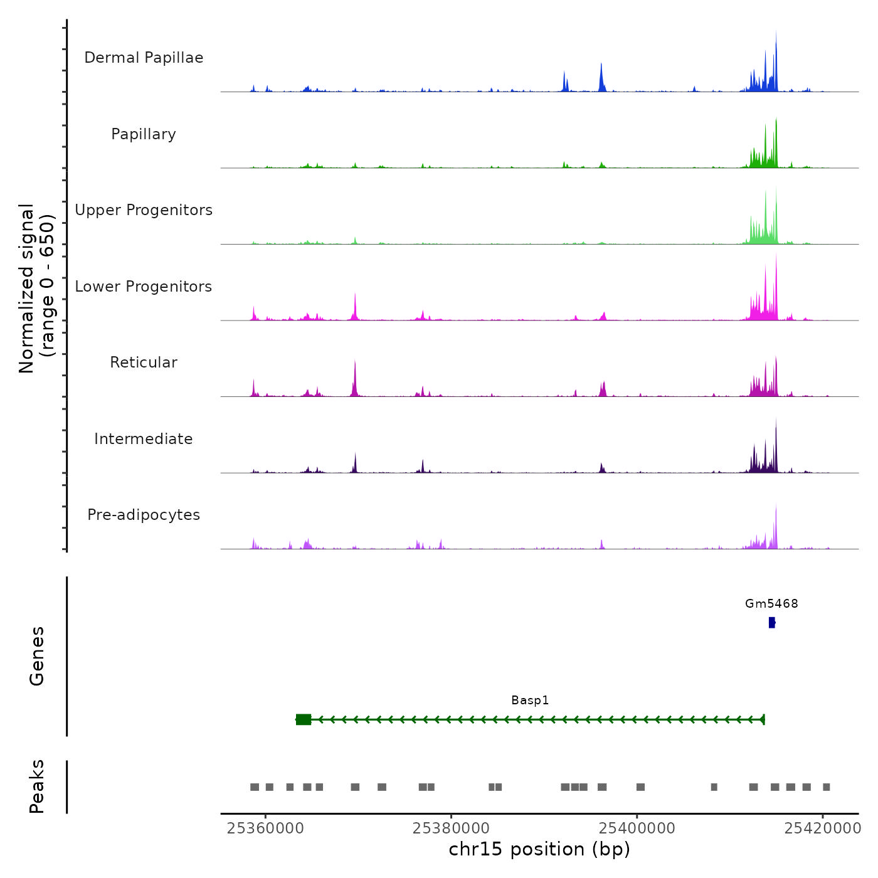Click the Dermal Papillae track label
144,58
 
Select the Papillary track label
144,134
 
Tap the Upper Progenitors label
144,210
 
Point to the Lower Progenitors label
144,287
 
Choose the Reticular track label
144,362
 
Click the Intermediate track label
144,439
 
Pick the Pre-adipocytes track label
144,515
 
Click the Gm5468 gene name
771,604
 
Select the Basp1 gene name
530,701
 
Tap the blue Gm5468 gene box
772,623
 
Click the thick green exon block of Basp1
304,719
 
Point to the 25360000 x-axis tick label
265,828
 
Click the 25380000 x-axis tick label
451,828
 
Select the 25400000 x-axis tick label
637,828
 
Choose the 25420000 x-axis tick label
823,828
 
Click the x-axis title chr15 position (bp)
539,849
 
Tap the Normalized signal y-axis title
36,288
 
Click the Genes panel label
37,656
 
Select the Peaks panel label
37,786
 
